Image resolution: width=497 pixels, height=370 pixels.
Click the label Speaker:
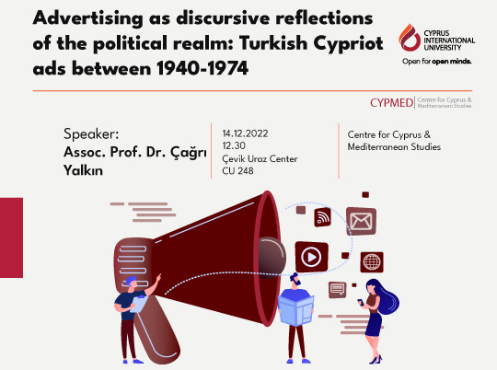92,130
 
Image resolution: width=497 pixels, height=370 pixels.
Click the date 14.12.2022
246,130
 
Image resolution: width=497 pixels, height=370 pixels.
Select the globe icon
373,262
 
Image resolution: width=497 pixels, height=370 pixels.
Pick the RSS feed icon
323,217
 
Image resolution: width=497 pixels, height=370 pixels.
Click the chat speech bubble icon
336,289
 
